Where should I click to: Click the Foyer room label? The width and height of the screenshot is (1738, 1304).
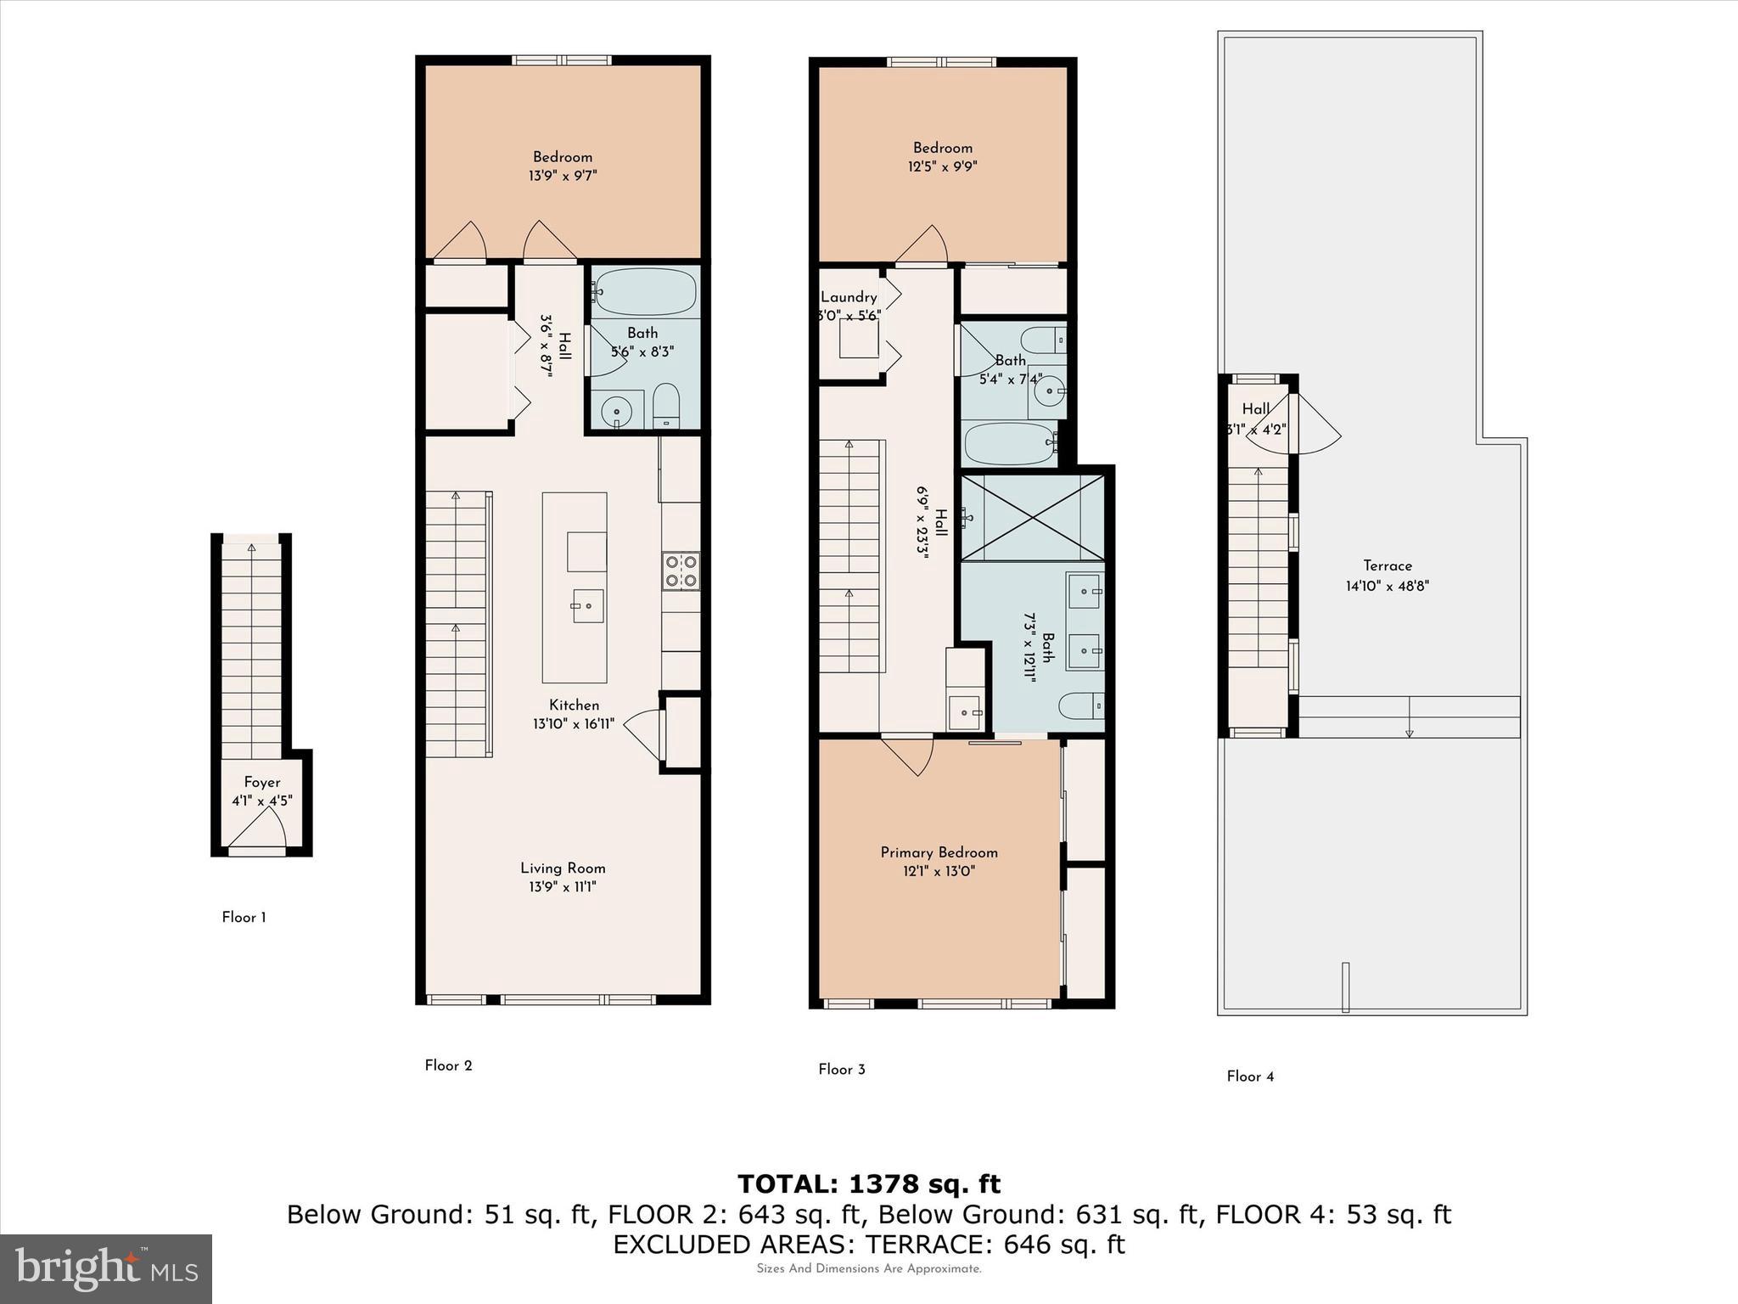pyautogui.click(x=261, y=783)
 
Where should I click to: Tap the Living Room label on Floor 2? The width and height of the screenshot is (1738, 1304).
pyautogui.click(x=563, y=868)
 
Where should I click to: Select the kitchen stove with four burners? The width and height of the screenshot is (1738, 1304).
pyautogui.click(x=681, y=570)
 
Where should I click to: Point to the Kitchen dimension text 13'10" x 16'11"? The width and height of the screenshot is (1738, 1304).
pyautogui.click(x=574, y=724)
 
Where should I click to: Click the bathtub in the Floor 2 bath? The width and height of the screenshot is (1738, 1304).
pyautogui.click(x=644, y=292)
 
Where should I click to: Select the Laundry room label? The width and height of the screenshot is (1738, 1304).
pyautogui.click(x=848, y=297)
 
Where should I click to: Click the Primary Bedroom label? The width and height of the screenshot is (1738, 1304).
pyautogui.click(x=939, y=852)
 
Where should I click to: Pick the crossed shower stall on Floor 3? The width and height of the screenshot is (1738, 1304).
pyautogui.click(x=1033, y=517)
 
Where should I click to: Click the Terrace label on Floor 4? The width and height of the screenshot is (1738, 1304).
pyautogui.click(x=1388, y=565)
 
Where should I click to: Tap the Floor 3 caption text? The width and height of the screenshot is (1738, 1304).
pyautogui.click(x=841, y=1069)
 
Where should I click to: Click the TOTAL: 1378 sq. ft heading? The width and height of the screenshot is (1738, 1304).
pyautogui.click(x=868, y=1183)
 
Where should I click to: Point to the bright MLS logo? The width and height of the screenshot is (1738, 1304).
pyautogui.click(x=106, y=1268)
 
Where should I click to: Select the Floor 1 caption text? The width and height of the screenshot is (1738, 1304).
pyautogui.click(x=244, y=917)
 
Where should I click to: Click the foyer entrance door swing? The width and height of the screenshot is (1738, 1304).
pyautogui.click(x=258, y=829)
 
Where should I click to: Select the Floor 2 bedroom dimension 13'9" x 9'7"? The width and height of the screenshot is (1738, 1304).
pyautogui.click(x=563, y=176)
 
